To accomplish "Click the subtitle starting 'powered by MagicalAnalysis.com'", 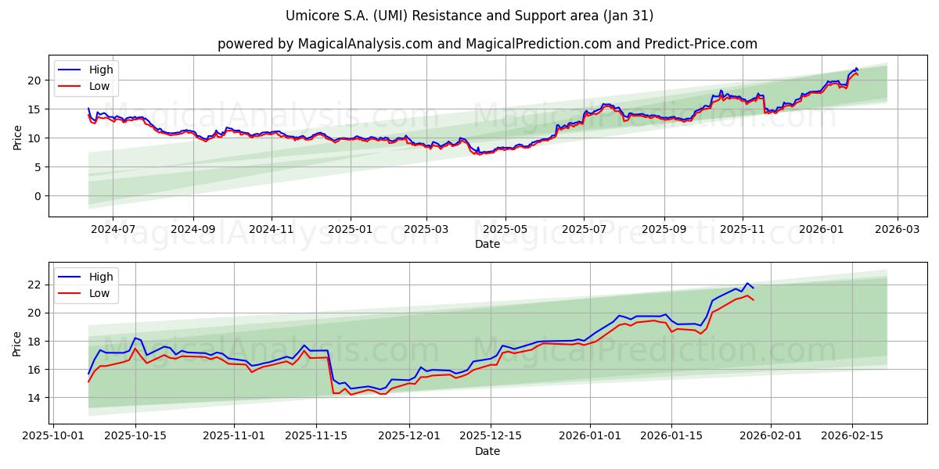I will coord(487,44).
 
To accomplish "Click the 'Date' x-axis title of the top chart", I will coord(487,244).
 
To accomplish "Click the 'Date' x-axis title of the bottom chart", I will coord(487,451).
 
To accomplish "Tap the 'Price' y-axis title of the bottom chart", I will coord(17,343).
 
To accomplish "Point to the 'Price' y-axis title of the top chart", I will coord(17,136).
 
